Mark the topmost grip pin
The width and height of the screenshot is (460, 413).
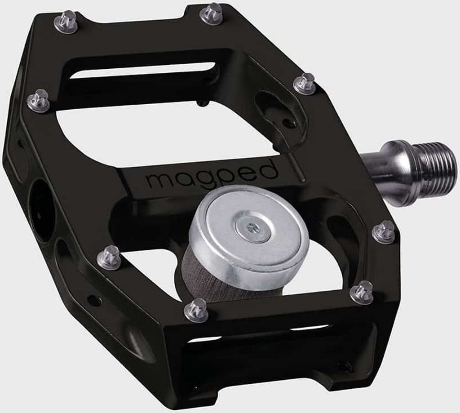pos(212,13)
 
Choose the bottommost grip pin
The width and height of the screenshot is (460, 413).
pos(197,310)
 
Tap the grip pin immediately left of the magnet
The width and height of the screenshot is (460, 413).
pos(109,258)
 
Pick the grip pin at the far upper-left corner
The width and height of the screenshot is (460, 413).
pos(66,21)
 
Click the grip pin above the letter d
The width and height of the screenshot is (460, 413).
pos(305,84)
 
